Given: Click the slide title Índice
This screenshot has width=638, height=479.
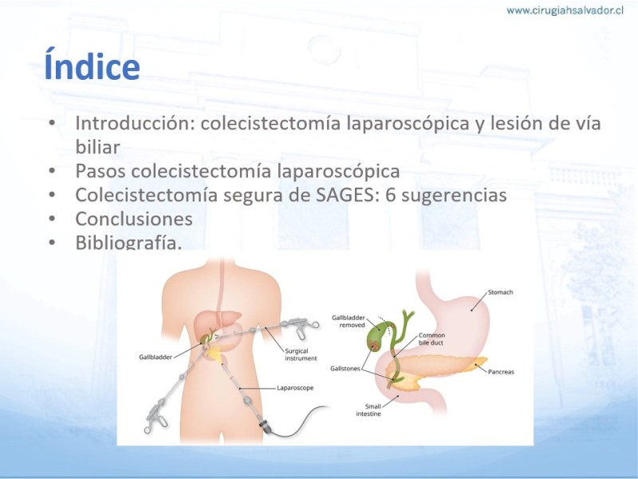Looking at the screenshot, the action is (x=92, y=65).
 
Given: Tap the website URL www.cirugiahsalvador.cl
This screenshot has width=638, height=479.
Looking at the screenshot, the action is (x=565, y=10).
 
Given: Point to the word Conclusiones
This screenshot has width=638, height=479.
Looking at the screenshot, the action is (x=134, y=219).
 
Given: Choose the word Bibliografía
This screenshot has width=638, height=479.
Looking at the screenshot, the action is (x=128, y=242).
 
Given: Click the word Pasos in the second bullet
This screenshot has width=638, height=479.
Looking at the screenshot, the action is (x=100, y=171).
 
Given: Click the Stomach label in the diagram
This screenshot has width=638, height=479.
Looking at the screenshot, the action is (x=500, y=292).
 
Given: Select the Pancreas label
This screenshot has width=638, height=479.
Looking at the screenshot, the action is (x=501, y=371).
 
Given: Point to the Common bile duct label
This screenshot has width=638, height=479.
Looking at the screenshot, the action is (x=431, y=338).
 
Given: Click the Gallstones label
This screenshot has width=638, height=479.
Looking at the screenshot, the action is (x=345, y=369).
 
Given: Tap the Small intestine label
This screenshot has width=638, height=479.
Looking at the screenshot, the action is (x=368, y=410).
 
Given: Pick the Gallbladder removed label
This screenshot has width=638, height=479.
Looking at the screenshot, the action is (x=349, y=321).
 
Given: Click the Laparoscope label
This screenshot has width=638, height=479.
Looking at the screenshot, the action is (x=295, y=388).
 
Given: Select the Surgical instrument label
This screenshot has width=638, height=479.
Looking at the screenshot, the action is (x=301, y=354).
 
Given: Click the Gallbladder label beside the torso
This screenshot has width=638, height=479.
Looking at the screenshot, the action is (x=156, y=357).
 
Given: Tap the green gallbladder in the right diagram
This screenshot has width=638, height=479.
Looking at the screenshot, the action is (x=377, y=335).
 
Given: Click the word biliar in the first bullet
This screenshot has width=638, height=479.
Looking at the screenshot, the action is (x=97, y=147).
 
